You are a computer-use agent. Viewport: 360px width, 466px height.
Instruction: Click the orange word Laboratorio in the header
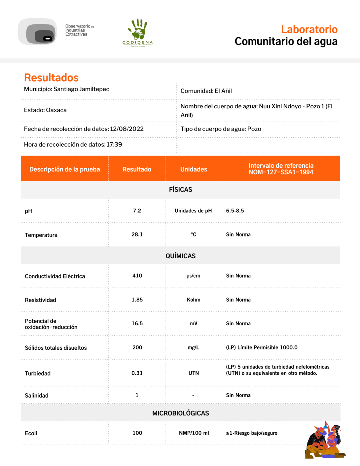(309, 29)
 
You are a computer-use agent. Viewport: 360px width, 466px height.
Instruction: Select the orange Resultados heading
(51, 78)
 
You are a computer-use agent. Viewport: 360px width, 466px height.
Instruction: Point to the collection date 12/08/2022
(127, 129)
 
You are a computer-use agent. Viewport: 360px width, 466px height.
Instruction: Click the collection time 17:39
(114, 144)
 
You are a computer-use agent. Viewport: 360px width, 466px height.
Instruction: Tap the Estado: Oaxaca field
(45, 110)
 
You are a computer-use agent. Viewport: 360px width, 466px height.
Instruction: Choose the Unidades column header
(194, 169)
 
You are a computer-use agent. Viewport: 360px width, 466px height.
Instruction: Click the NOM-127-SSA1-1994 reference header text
(281, 172)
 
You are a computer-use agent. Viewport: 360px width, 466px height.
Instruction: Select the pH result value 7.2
(137, 211)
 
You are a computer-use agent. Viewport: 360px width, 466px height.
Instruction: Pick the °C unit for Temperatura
(194, 234)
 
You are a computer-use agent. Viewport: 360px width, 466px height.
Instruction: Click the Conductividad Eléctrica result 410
(137, 276)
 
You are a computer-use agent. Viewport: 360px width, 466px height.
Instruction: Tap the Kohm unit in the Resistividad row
(194, 300)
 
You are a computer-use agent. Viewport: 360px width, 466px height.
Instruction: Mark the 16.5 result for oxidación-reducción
(137, 323)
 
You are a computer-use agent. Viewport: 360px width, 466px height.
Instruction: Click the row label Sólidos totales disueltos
(56, 348)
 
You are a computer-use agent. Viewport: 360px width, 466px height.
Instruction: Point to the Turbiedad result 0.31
(137, 373)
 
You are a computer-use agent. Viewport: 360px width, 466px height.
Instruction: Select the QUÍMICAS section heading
(181, 256)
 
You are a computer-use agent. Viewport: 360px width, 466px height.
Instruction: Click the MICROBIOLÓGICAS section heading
(181, 413)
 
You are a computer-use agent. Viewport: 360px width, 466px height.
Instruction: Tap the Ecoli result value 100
(137, 433)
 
